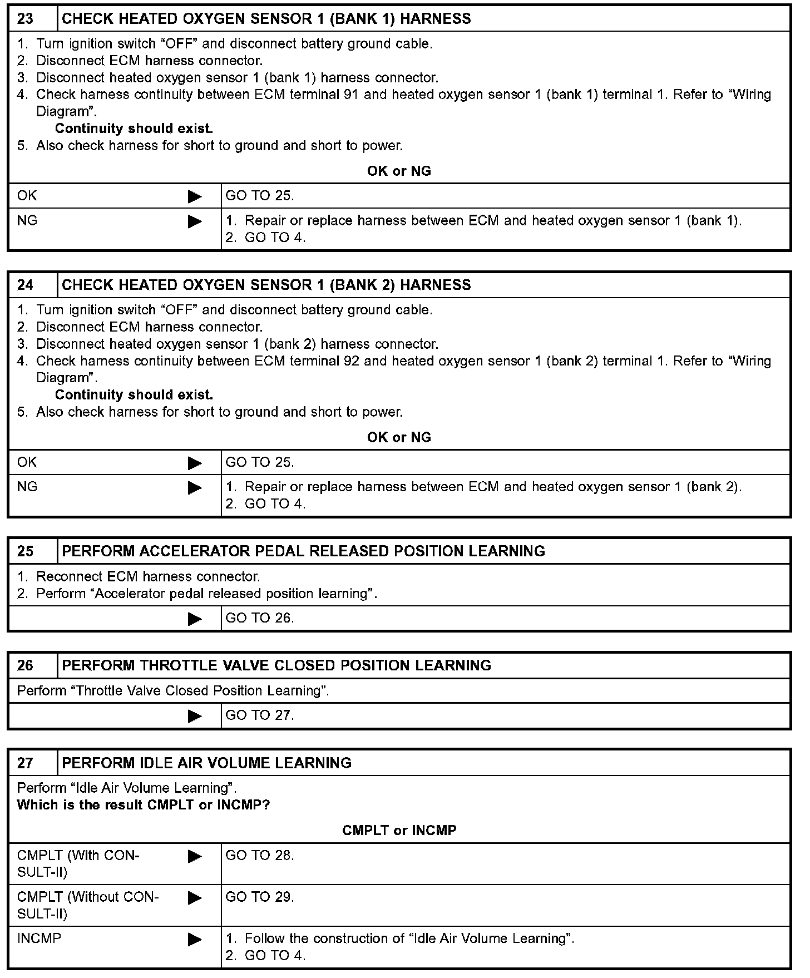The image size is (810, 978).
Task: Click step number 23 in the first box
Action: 26,19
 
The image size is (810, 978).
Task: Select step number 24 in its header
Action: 26,285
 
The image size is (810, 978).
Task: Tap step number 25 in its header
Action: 26,551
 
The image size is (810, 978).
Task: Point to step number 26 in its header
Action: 26,665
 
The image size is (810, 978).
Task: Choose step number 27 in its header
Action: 26,763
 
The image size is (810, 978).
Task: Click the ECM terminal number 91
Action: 351,95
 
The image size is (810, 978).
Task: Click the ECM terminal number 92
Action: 351,361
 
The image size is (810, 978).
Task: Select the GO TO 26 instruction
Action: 259,618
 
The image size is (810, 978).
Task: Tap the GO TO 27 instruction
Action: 259,715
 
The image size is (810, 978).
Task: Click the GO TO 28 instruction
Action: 259,855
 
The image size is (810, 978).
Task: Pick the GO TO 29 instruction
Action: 259,897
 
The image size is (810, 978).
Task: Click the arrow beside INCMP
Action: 195,940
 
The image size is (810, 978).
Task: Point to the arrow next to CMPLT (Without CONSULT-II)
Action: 195,898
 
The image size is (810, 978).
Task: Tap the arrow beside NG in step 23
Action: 195,221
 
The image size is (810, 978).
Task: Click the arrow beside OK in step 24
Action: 195,463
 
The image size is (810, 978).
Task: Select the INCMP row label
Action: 39,939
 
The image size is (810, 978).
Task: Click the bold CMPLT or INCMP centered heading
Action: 399,831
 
